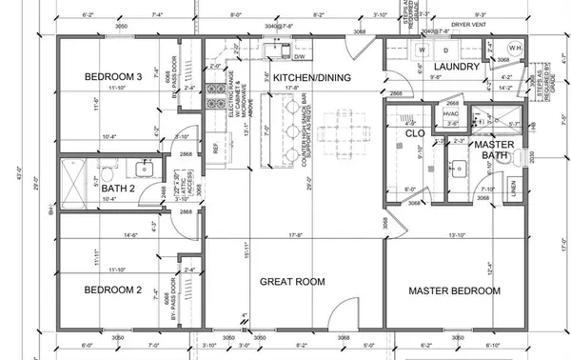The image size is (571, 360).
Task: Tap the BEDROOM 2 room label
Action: click(113, 290)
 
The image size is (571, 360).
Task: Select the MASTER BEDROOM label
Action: click(454, 290)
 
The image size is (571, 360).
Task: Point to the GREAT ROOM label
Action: click(293, 282)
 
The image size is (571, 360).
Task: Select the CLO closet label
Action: click(415, 133)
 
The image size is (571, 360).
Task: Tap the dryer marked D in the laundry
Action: click(446, 50)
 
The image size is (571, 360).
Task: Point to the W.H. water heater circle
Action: click(512, 49)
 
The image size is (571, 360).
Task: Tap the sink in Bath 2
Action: click(146, 170)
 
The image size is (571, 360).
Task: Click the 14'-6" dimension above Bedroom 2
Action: click(130, 234)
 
